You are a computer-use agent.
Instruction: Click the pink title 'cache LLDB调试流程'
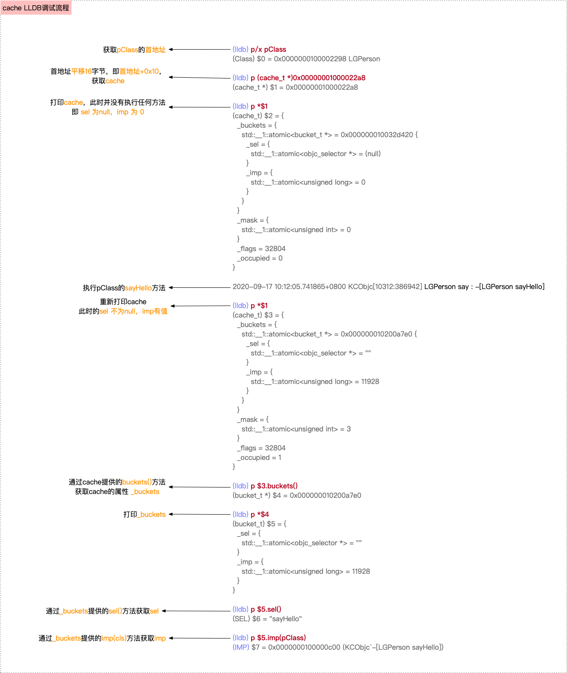[x=36, y=8]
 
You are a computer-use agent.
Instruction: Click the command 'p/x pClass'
[x=268, y=49]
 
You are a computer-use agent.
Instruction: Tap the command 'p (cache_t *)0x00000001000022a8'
[x=308, y=78]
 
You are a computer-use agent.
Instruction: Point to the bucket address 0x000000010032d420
[x=377, y=135]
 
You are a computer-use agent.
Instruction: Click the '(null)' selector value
[x=373, y=154]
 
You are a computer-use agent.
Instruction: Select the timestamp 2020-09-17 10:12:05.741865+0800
[x=289, y=286]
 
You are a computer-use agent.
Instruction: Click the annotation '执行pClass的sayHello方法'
[x=124, y=288]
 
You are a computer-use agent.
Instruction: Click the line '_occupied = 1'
[x=259, y=457]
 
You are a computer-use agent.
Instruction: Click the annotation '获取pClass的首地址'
[x=134, y=50]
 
